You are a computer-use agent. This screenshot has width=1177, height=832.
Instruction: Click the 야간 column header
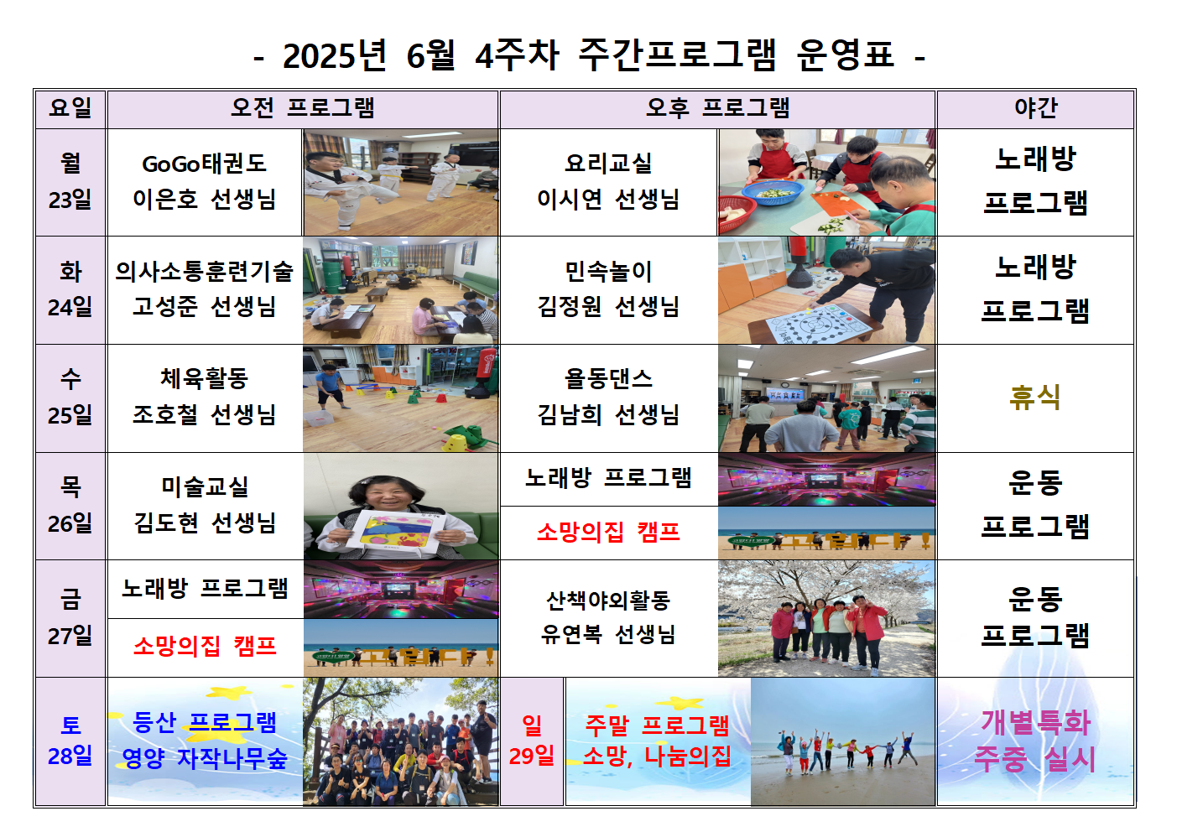tap(1035, 108)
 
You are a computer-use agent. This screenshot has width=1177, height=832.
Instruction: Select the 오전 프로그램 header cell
tap(303, 109)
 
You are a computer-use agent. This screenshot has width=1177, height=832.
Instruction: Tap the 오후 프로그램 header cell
tap(718, 109)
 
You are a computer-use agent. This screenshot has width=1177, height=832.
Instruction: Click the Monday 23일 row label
tap(70, 181)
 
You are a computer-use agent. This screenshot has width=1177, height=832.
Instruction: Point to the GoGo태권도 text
tap(205, 164)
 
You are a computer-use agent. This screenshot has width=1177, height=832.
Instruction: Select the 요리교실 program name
tap(608, 164)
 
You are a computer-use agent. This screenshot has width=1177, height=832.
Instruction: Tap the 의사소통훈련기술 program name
tap(205, 271)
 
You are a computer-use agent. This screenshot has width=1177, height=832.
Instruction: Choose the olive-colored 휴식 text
tap(1035, 398)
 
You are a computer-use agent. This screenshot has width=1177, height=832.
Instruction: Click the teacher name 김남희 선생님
tap(608, 414)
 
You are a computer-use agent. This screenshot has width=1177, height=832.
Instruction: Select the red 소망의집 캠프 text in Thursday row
tap(608, 533)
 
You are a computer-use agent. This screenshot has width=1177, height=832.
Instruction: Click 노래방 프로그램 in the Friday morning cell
tap(205, 588)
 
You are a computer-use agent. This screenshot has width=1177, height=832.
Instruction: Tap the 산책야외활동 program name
tap(608, 601)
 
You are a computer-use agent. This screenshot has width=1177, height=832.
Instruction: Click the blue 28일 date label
tap(70, 757)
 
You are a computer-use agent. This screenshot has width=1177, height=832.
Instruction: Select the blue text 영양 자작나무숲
tap(205, 758)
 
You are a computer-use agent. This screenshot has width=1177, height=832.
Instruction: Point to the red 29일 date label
tap(531, 756)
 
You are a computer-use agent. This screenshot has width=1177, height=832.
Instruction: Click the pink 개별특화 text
tap(1036, 723)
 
